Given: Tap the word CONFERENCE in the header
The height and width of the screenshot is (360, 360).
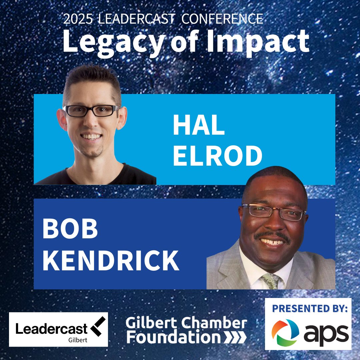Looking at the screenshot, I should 222,19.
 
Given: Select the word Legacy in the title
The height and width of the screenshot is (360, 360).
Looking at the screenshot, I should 113,41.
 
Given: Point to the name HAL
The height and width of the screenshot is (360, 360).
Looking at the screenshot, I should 199,126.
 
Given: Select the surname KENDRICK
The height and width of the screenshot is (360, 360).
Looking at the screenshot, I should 111,260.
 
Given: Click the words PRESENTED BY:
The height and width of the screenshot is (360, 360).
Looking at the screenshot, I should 310,308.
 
